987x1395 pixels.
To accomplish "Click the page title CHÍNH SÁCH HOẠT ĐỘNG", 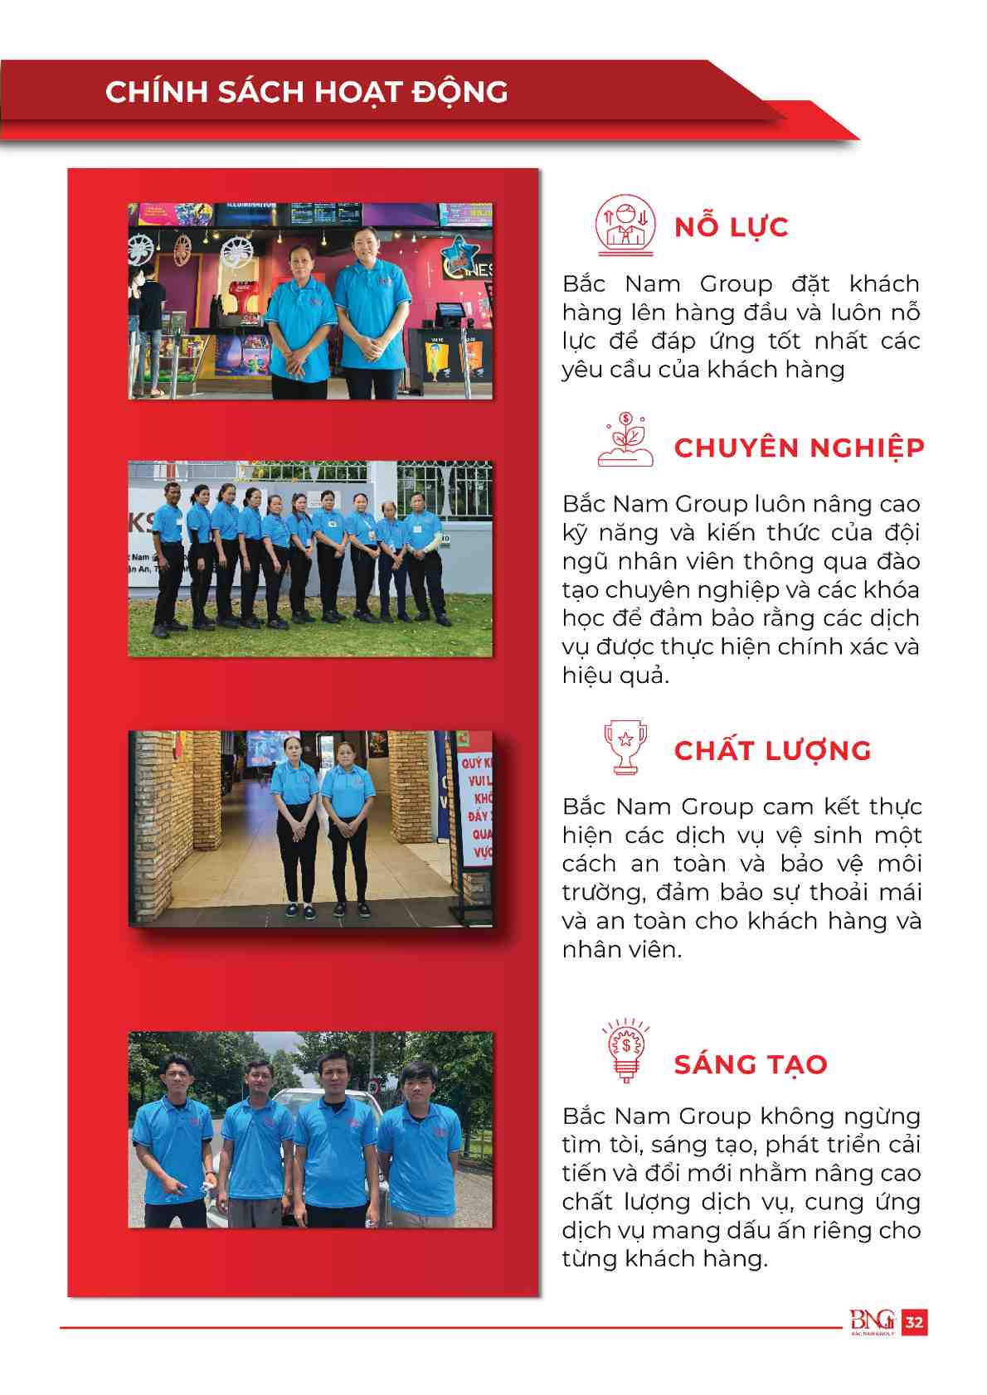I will pos(306,92).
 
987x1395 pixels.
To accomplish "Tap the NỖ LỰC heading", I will pos(731,227).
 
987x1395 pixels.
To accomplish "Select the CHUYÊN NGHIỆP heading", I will pos(799,448).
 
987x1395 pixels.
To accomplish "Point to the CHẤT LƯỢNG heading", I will pos(772,751).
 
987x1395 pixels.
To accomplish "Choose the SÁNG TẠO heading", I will pos(751,1064).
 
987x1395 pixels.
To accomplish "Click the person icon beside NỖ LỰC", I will pos(625,225).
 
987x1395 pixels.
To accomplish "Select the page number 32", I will pos(914,1322).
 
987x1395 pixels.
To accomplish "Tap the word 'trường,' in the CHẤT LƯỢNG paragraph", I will pos(604,893).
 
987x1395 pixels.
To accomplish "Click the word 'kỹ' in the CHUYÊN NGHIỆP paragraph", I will pos(575,533).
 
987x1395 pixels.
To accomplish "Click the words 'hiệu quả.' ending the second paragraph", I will pos(615,676).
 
